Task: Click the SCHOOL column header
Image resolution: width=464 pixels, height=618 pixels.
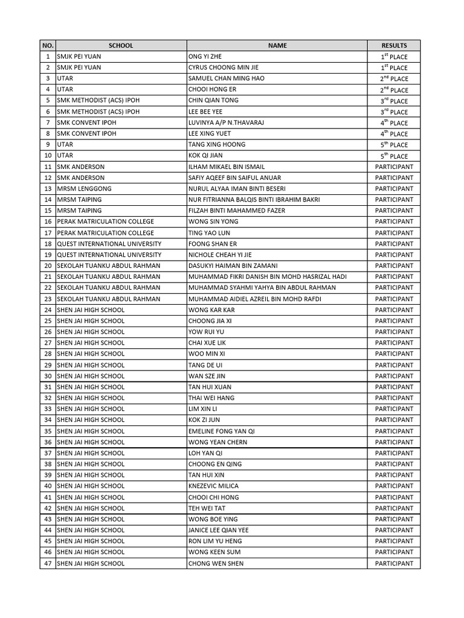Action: [120, 45]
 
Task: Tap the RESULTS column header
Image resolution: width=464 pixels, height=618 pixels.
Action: [394, 45]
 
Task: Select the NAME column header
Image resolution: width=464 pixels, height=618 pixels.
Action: [277, 45]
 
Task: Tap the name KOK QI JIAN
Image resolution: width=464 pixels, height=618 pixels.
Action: [205, 156]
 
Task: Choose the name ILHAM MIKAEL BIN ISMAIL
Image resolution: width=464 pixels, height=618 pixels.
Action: [227, 167]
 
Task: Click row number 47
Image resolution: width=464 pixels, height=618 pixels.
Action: [48, 564]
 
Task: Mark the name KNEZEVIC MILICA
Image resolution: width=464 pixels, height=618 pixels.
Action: [213, 486]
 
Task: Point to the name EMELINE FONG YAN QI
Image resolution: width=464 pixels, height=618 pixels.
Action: [222, 432]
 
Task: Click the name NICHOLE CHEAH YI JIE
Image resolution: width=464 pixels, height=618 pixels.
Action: [221, 255]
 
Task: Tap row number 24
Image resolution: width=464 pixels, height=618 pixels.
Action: [48, 310]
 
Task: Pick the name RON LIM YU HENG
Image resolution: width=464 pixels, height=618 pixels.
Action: [215, 541]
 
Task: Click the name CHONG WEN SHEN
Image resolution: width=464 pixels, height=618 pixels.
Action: [216, 564]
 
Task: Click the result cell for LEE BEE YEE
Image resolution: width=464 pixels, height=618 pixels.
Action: [394, 112]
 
